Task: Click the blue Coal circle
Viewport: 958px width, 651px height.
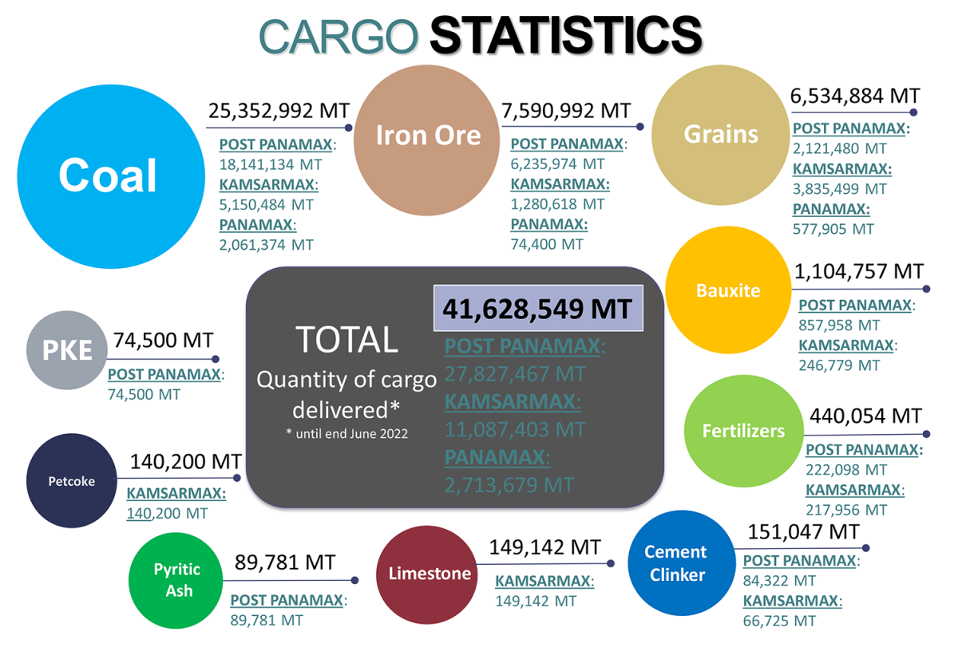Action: (108, 176)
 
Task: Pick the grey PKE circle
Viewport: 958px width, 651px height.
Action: (67, 350)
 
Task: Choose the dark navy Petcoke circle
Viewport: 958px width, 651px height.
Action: (72, 481)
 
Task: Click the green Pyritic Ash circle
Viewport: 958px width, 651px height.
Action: (177, 580)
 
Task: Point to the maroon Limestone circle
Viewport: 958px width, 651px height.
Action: (430, 574)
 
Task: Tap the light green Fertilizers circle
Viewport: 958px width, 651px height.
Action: (742, 431)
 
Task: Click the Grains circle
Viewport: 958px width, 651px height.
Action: (720, 134)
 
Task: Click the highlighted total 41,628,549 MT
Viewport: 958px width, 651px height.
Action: (537, 309)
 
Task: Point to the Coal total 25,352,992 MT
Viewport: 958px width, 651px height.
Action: (279, 111)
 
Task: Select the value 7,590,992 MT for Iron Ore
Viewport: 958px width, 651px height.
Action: (565, 111)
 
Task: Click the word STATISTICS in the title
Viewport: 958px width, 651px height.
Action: (565, 35)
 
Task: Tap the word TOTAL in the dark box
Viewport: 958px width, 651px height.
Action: (346, 340)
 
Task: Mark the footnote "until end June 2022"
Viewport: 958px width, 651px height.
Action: (346, 434)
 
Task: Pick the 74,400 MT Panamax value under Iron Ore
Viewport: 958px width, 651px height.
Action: (547, 245)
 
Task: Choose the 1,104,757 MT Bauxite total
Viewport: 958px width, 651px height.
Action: (858, 271)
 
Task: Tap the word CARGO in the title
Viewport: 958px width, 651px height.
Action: (339, 37)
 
